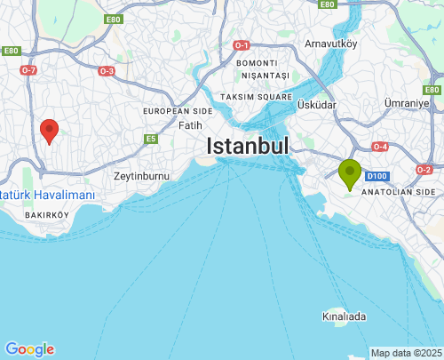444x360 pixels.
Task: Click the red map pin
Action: pyautogui.click(x=50, y=131)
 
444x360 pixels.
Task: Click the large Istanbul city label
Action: pyautogui.click(x=249, y=147)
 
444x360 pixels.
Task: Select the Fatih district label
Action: pyautogui.click(x=190, y=125)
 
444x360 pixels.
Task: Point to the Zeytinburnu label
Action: pyautogui.click(x=141, y=176)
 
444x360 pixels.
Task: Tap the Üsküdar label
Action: pyautogui.click(x=317, y=105)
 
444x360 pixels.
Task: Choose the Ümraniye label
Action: pyautogui.click(x=407, y=104)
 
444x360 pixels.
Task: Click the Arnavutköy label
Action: pyautogui.click(x=330, y=43)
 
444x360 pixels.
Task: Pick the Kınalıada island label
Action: pyautogui.click(x=345, y=316)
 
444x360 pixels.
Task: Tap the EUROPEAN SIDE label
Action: pyautogui.click(x=178, y=111)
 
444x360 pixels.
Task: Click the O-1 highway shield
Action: pyautogui.click(x=242, y=44)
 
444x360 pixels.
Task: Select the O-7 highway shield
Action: pyautogui.click(x=28, y=69)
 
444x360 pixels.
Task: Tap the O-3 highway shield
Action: pyautogui.click(x=107, y=70)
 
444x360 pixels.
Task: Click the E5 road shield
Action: pyautogui.click(x=152, y=139)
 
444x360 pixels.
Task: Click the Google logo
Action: pyautogui.click(x=29, y=349)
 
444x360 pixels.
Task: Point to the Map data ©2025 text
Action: pyautogui.click(x=406, y=353)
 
